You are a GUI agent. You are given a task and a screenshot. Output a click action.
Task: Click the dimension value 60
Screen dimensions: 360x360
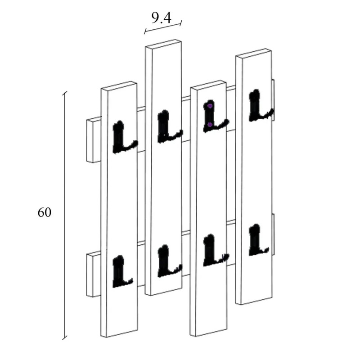coord(44,212)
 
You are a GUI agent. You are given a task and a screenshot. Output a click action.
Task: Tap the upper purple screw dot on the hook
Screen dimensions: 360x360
coord(210,106)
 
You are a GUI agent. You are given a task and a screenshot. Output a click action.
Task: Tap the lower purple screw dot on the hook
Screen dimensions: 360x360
coord(210,124)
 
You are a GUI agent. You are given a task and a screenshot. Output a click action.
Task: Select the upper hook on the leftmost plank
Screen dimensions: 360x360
coord(121,138)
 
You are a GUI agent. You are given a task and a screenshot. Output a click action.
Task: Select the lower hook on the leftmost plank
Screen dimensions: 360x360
coord(121,272)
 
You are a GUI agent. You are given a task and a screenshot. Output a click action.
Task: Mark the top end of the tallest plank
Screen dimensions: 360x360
coord(163,44)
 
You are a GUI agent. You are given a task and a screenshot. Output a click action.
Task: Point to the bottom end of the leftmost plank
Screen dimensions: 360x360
coord(120,333)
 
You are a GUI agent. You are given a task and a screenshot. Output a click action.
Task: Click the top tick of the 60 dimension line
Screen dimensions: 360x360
coord(65,93)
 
